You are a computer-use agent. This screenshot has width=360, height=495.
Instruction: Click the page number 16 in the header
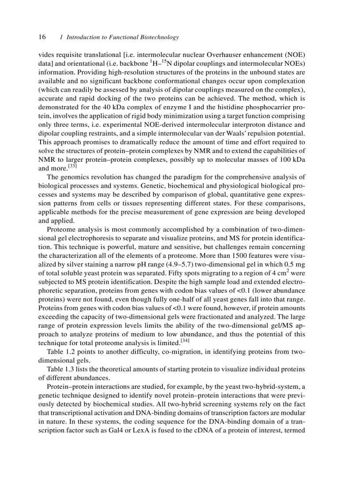pos(42,37)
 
